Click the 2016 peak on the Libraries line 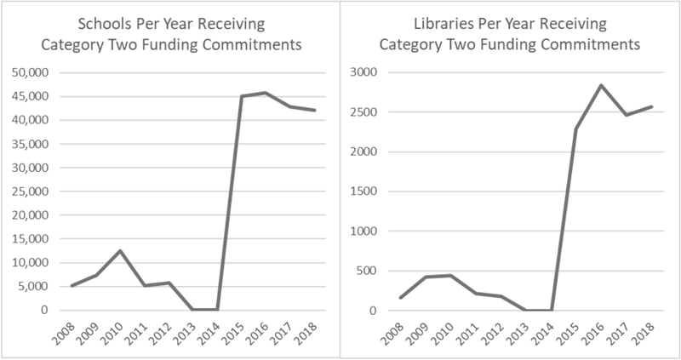tap(603, 85)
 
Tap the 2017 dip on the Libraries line tap(627, 115)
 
